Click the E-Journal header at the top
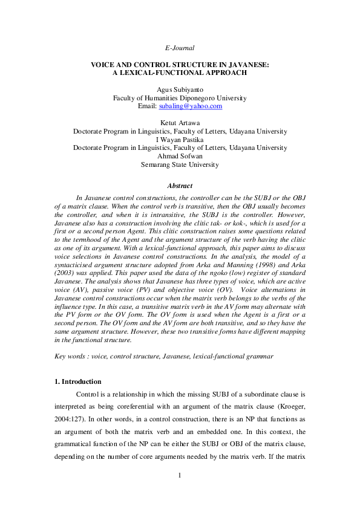coord(180,47)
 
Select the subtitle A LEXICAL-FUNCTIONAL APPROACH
coord(180,73)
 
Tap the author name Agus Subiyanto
coord(180,89)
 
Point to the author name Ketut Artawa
coord(180,123)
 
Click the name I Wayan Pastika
coord(180,139)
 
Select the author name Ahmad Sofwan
coord(180,155)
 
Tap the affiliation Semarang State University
coord(180,164)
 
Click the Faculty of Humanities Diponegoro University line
coord(180,98)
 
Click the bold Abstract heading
coord(180,186)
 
